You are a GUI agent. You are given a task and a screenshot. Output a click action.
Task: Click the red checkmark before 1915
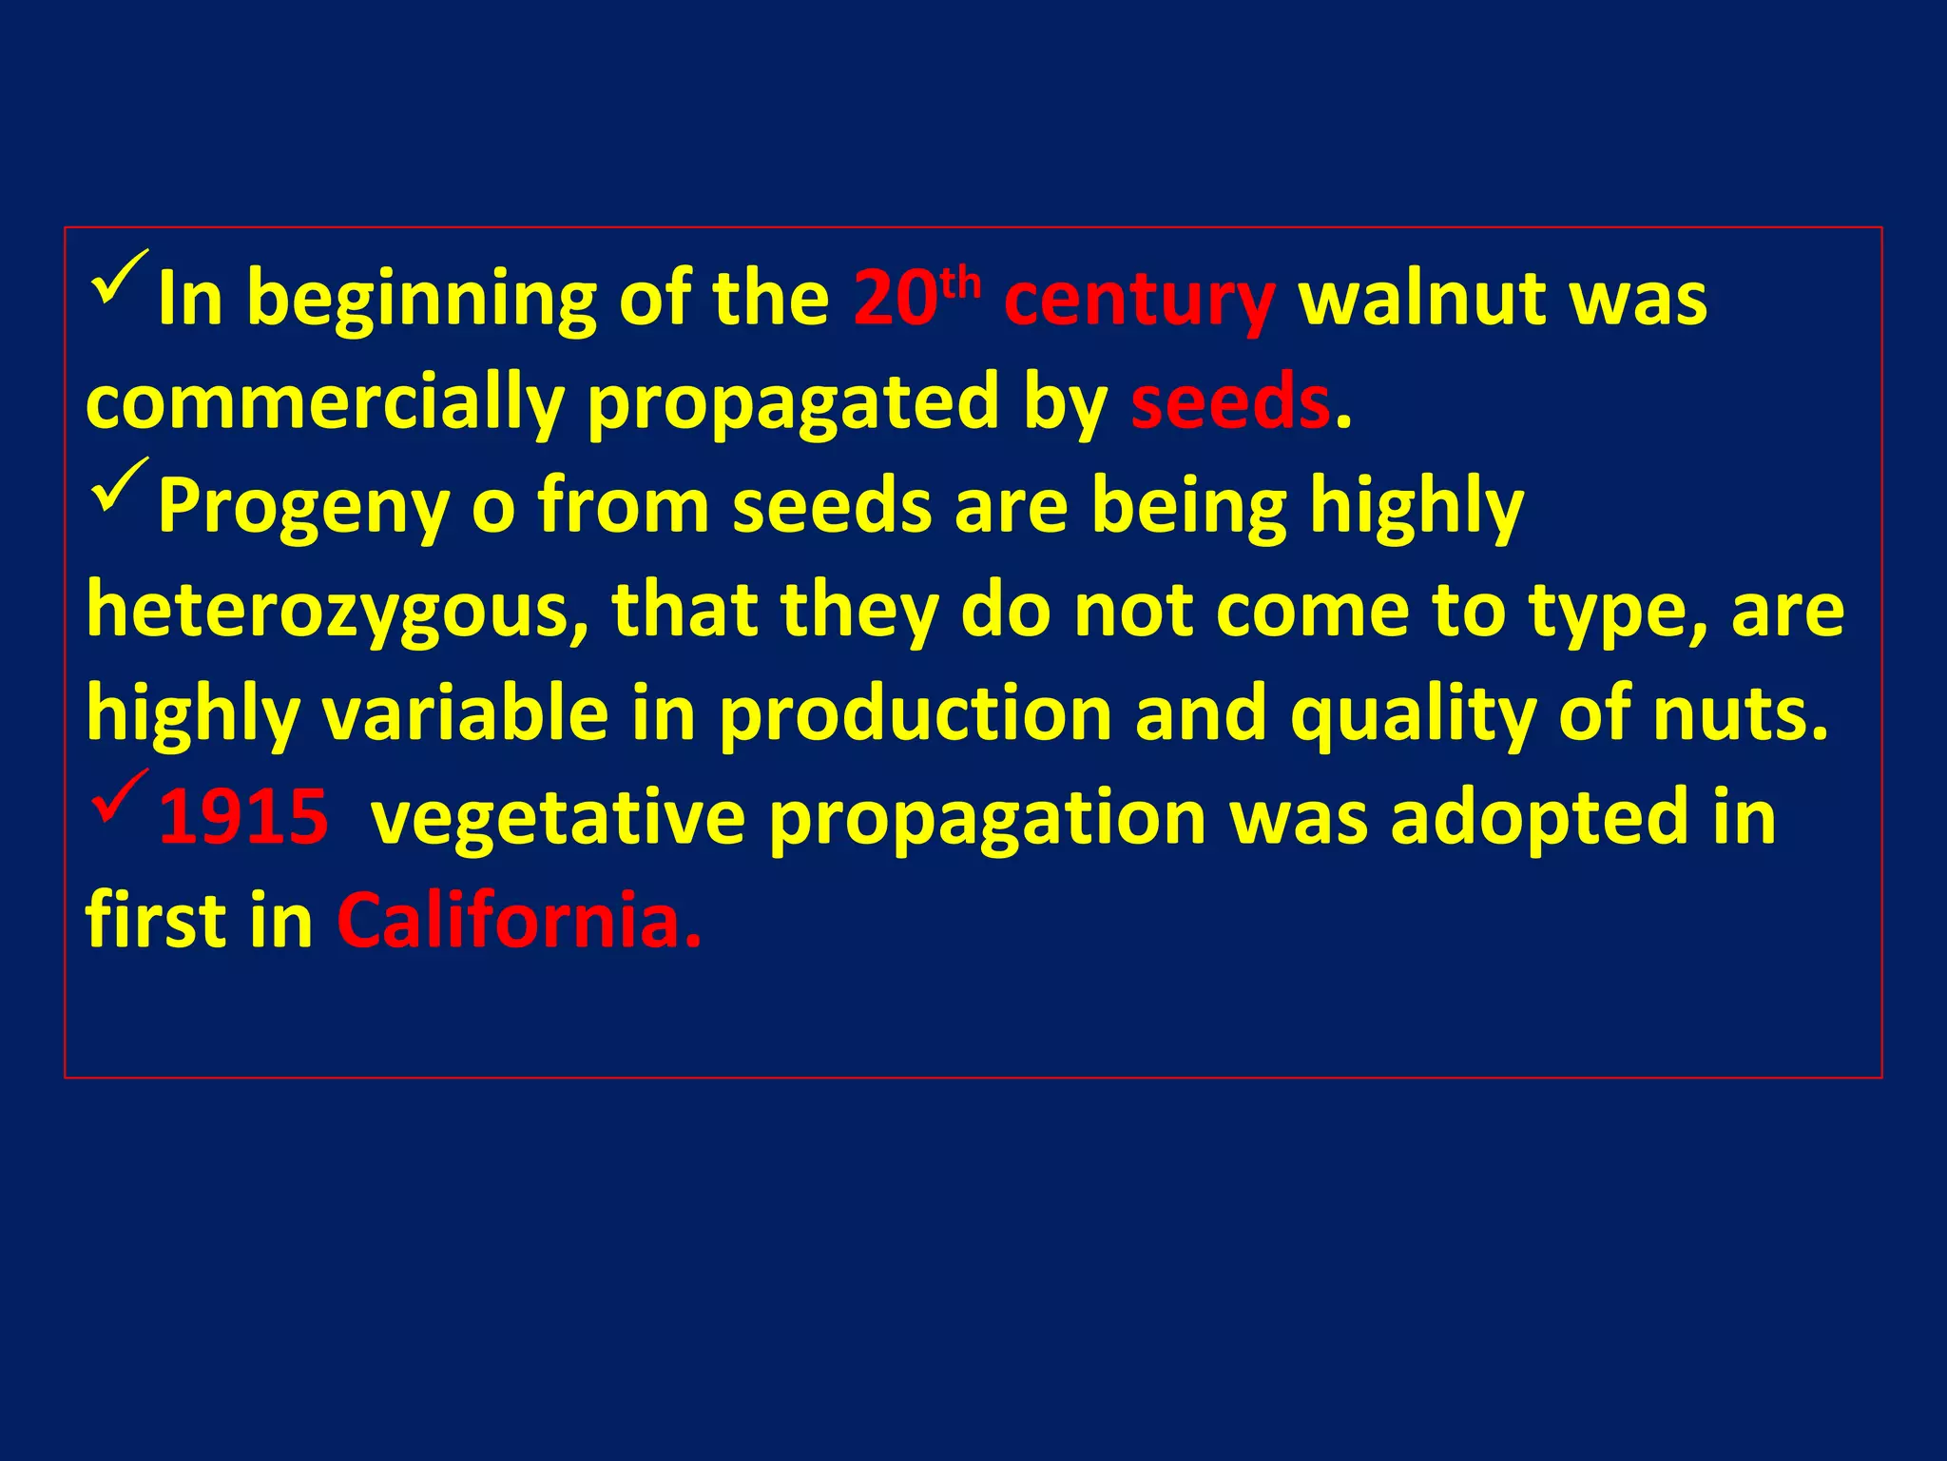(x=121, y=797)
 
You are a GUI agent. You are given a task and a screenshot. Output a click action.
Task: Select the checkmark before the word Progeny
(x=121, y=485)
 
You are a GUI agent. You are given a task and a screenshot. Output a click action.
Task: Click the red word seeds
(x=1230, y=401)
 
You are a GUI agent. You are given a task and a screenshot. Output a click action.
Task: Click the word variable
(x=465, y=713)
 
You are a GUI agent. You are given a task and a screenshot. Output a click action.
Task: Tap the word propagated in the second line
(x=793, y=403)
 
